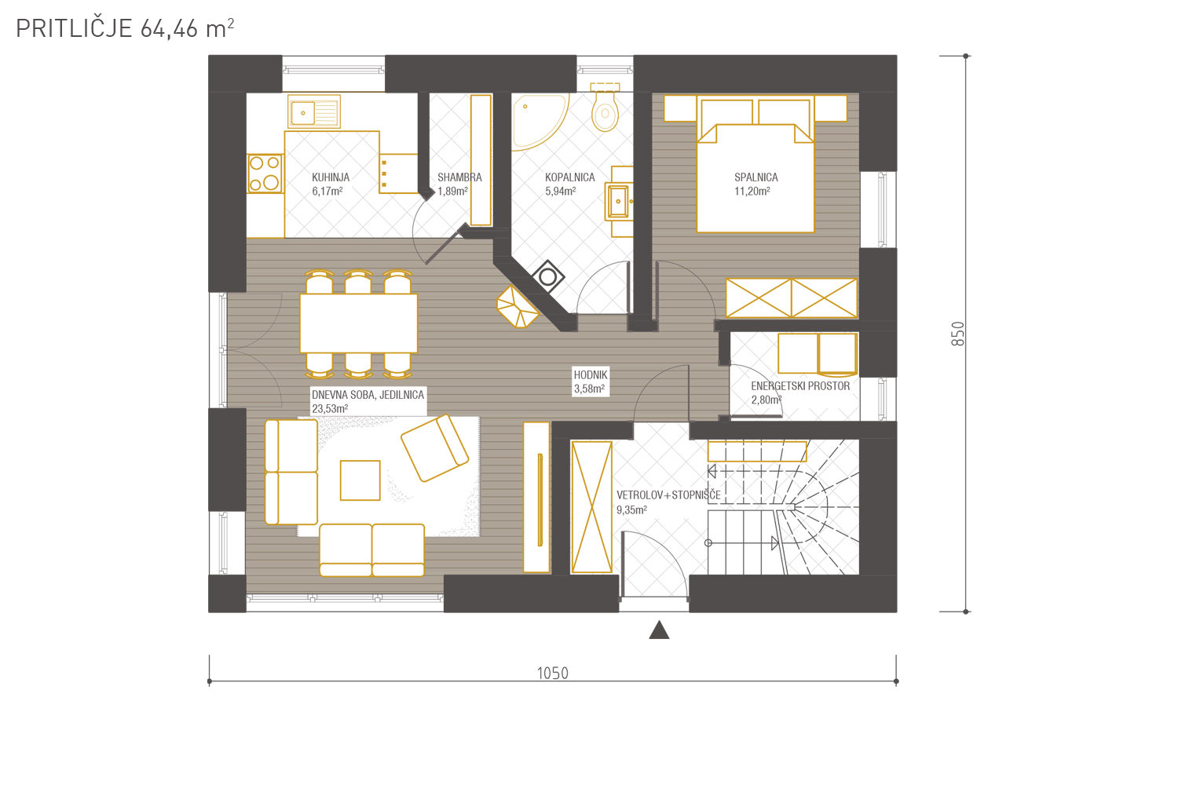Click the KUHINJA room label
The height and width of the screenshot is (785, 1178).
(331, 177)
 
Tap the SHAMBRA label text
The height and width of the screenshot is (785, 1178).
(459, 177)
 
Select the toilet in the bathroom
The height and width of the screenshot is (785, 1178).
(605, 108)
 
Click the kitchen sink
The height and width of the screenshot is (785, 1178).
(314, 111)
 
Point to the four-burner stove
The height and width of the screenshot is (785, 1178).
(265, 173)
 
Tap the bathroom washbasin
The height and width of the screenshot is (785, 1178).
(619, 202)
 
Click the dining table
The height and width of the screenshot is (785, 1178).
(359, 323)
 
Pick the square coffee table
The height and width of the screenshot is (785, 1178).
(360, 480)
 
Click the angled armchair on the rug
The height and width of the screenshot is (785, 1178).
(435, 448)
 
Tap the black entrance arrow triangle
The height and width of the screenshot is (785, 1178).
(659, 630)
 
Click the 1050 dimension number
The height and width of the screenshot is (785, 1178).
(552, 674)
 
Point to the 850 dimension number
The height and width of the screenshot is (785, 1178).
(958, 334)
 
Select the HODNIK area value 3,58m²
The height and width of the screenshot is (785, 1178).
(589, 389)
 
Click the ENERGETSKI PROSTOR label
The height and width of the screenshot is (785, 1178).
(800, 386)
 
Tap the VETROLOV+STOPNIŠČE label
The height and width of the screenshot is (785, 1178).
(668, 495)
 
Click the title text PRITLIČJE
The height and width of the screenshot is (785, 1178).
(74, 28)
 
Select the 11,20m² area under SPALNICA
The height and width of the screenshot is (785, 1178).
(752, 192)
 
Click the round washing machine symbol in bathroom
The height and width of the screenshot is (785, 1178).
(548, 276)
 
